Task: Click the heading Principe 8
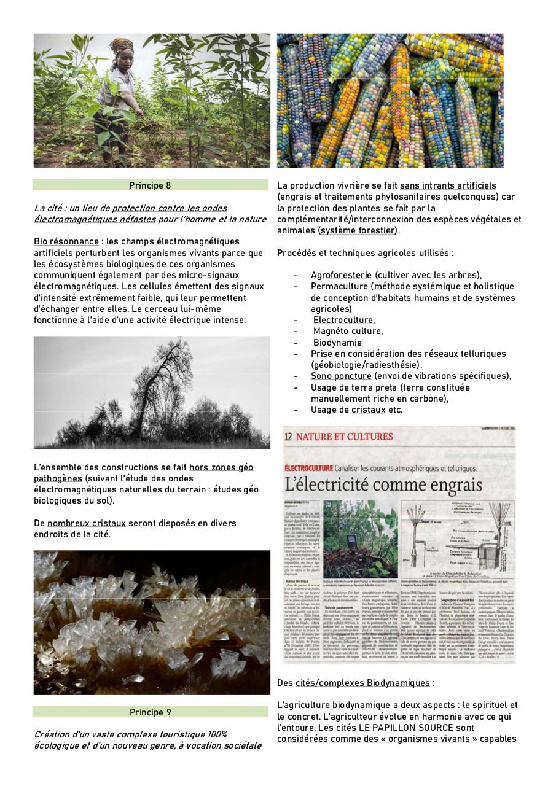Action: pos(150,185)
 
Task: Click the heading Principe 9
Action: pos(150,712)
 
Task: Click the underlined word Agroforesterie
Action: pos(340,275)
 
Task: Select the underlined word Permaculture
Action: pos(339,286)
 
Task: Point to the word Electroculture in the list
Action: pos(343,320)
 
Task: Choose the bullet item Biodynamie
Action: pos(337,343)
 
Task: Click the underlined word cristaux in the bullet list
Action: pos(369,410)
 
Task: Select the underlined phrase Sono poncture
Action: pos(341,376)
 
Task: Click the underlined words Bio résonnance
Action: pos(66,241)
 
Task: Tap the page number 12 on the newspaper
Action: pos(289,437)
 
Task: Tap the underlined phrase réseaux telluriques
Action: pos(465,354)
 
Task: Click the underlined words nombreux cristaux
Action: pos(87,523)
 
